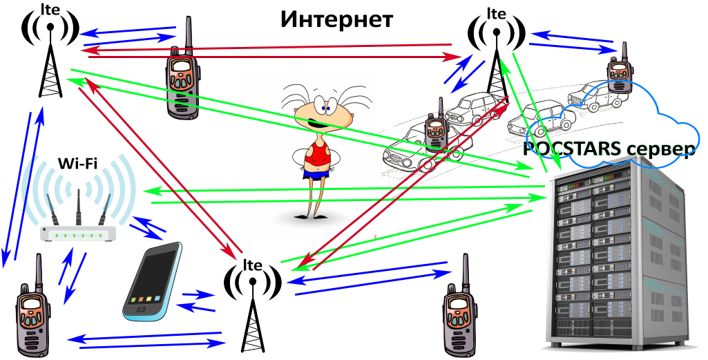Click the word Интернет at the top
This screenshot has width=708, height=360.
click(336, 19)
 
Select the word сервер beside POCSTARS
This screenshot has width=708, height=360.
click(659, 149)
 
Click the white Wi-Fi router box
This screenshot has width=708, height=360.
click(76, 235)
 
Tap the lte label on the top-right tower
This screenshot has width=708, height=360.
click(495, 13)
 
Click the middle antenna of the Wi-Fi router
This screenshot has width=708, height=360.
click(77, 204)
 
